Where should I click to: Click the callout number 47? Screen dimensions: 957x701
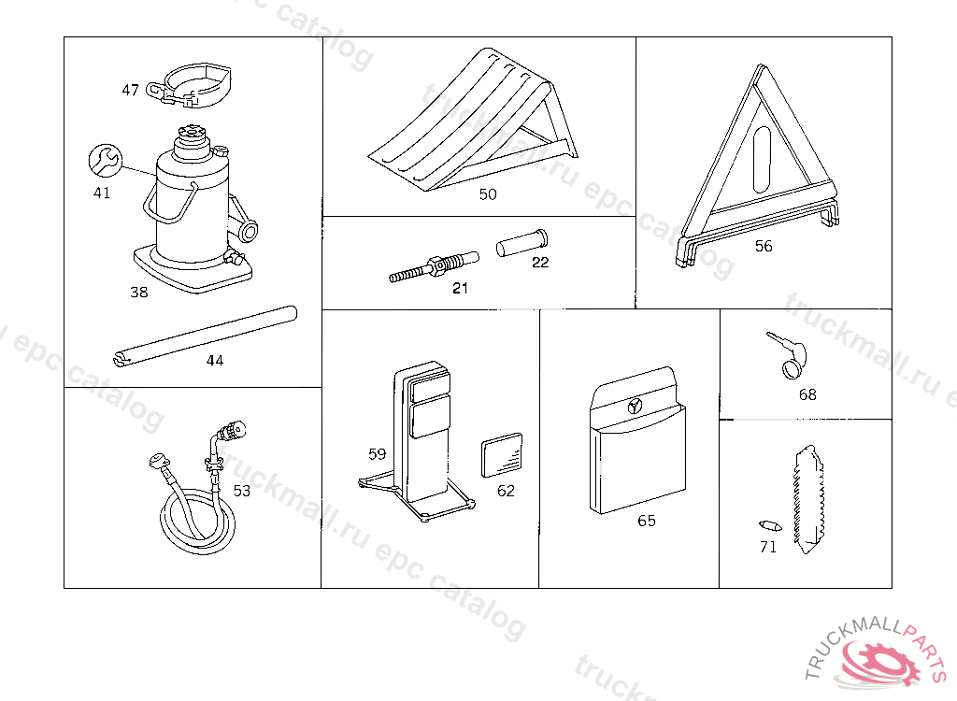tap(130, 91)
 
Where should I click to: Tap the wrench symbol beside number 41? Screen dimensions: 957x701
tap(104, 160)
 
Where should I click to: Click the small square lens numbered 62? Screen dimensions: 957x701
tap(503, 457)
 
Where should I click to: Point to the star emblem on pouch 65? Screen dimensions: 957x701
tap(636, 406)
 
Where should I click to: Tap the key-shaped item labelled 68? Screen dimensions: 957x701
tap(787, 356)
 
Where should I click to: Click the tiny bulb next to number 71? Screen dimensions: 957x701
tap(764, 523)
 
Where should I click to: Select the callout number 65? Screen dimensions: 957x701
tap(647, 521)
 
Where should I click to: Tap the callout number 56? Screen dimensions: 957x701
tap(764, 247)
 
